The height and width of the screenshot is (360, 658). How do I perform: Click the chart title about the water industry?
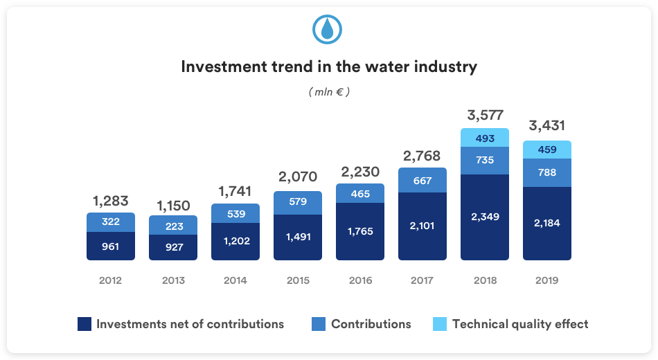[x=329, y=67]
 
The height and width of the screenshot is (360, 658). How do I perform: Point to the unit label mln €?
[x=329, y=92]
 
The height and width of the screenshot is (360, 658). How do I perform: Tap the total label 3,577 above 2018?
[x=484, y=115]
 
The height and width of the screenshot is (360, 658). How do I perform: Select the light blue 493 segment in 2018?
[x=485, y=138]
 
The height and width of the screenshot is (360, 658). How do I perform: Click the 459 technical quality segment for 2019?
[x=546, y=150]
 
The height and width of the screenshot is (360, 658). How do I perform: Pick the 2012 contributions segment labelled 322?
[x=111, y=222]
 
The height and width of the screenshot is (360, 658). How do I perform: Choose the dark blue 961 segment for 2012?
[x=111, y=246]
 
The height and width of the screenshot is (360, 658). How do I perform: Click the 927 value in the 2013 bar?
[x=173, y=247]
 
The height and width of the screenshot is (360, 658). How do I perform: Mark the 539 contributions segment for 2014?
[x=235, y=213]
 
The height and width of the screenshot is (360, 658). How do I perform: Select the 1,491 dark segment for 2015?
[x=298, y=237]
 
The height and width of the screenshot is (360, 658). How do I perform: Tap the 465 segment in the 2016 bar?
[x=360, y=193]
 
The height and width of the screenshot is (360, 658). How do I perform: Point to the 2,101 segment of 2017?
[x=423, y=226]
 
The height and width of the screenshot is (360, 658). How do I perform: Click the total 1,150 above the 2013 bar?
[x=172, y=206]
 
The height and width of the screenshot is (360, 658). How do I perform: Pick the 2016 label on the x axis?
[x=360, y=280]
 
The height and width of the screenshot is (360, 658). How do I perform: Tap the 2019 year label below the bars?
[x=546, y=280]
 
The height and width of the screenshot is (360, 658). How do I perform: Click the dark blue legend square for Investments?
[x=85, y=324]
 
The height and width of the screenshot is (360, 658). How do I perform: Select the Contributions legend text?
[x=371, y=324]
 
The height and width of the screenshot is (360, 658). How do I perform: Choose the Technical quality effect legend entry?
[x=519, y=324]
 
